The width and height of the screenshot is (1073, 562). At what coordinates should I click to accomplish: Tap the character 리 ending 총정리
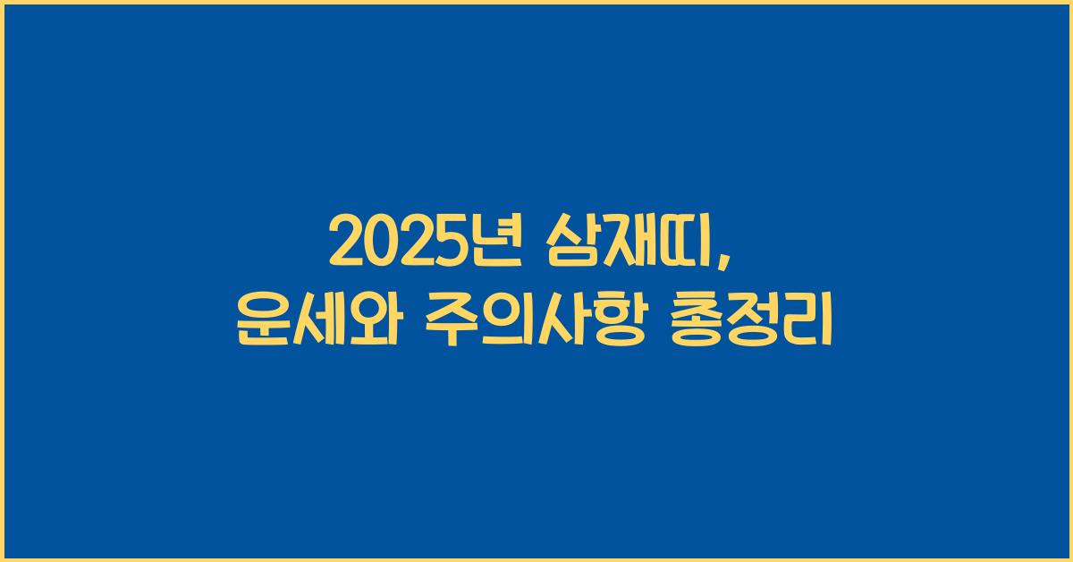(809, 319)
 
